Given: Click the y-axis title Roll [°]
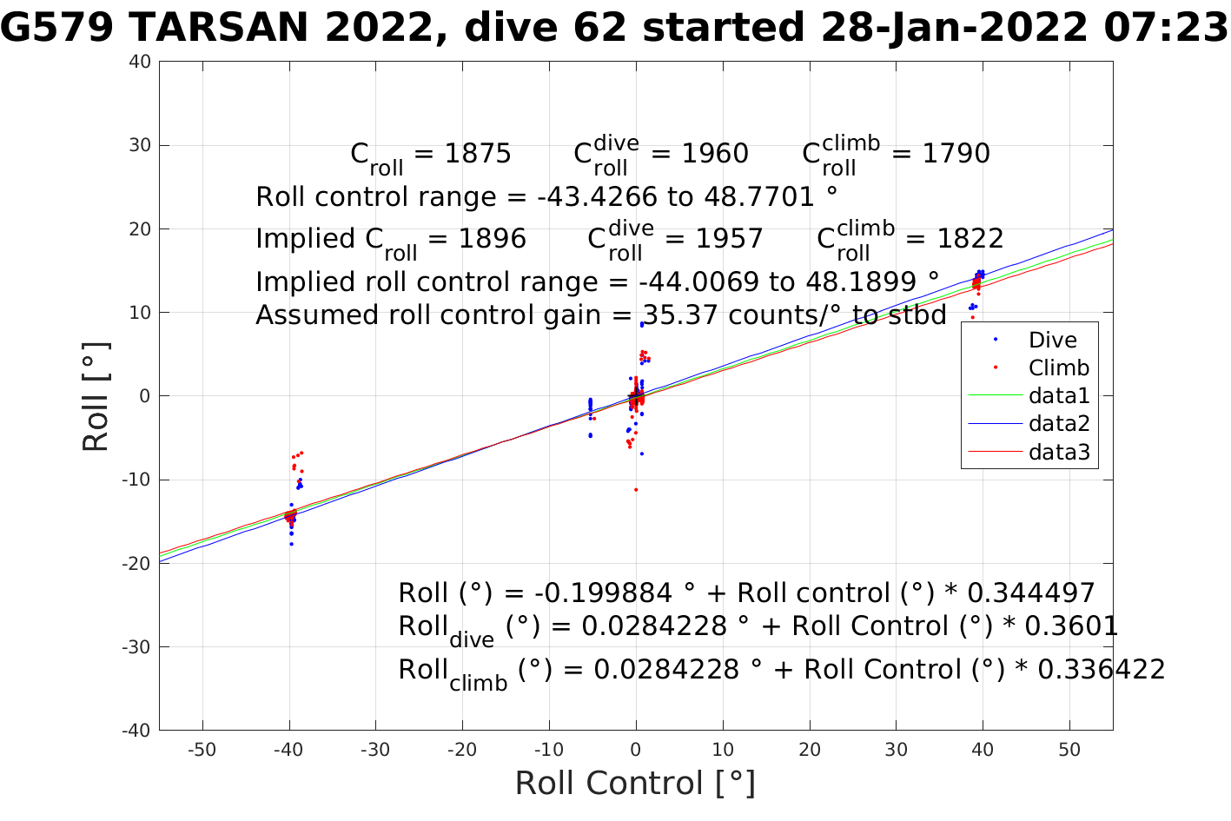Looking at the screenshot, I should [x=96, y=396].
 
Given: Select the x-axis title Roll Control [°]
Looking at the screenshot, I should [x=635, y=784].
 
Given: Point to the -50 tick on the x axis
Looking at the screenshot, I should [x=202, y=751].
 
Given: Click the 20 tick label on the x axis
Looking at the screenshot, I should [x=810, y=751].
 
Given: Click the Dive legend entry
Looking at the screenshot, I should [x=1052, y=341].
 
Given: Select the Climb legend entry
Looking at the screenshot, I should [x=1058, y=368].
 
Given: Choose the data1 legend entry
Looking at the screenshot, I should [x=1058, y=396].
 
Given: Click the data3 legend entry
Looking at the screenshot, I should [x=1058, y=452].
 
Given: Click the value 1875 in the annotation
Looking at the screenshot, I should [x=478, y=154].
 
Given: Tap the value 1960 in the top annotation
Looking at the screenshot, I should [x=715, y=154].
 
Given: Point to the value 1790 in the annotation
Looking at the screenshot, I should [x=956, y=154].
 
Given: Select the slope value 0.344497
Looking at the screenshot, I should [x=1030, y=593].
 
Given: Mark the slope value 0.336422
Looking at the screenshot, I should [x=1101, y=670].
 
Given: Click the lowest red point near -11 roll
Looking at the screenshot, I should [x=636, y=490].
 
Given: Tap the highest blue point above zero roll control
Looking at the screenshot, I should [x=642, y=324].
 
